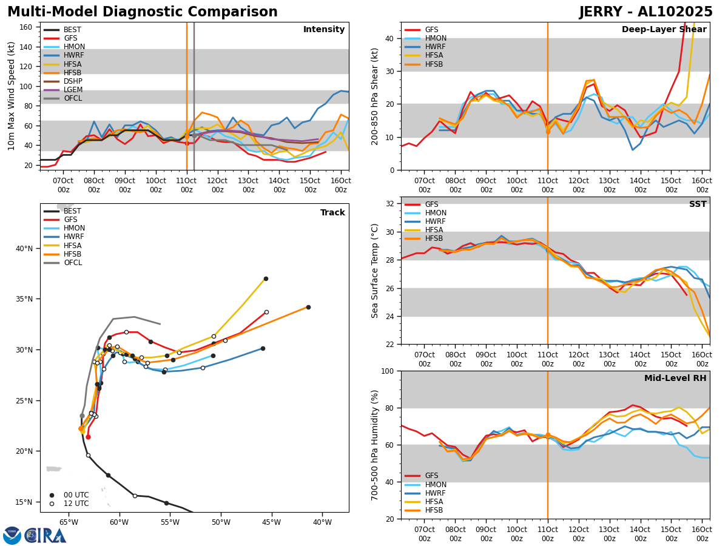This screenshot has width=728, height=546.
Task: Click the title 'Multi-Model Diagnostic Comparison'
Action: click(143, 12)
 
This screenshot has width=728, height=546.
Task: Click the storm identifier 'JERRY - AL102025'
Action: click(645, 12)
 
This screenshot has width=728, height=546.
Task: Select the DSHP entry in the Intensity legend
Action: click(73, 81)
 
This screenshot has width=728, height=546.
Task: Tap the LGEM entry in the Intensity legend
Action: click(73, 90)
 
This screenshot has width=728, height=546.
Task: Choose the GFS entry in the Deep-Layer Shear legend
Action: click(432, 30)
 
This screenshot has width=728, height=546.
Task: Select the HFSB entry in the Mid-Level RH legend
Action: click(434, 510)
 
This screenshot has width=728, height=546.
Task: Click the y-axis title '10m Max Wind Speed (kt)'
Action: click(11, 96)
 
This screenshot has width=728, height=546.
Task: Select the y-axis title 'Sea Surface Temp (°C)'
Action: click(375, 271)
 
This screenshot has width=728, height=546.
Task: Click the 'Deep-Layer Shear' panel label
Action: click(664, 30)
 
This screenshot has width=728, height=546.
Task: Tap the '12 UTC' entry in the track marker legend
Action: click(76, 504)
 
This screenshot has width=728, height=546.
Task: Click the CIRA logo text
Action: click(45, 536)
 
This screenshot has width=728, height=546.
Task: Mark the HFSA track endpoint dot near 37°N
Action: click(266, 278)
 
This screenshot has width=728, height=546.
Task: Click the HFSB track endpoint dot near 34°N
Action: click(308, 307)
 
